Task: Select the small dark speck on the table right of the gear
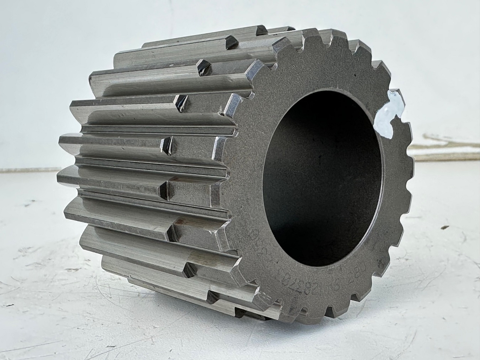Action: point(446,227)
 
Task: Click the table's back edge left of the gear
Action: point(30,169)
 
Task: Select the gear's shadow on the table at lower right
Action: point(375,322)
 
